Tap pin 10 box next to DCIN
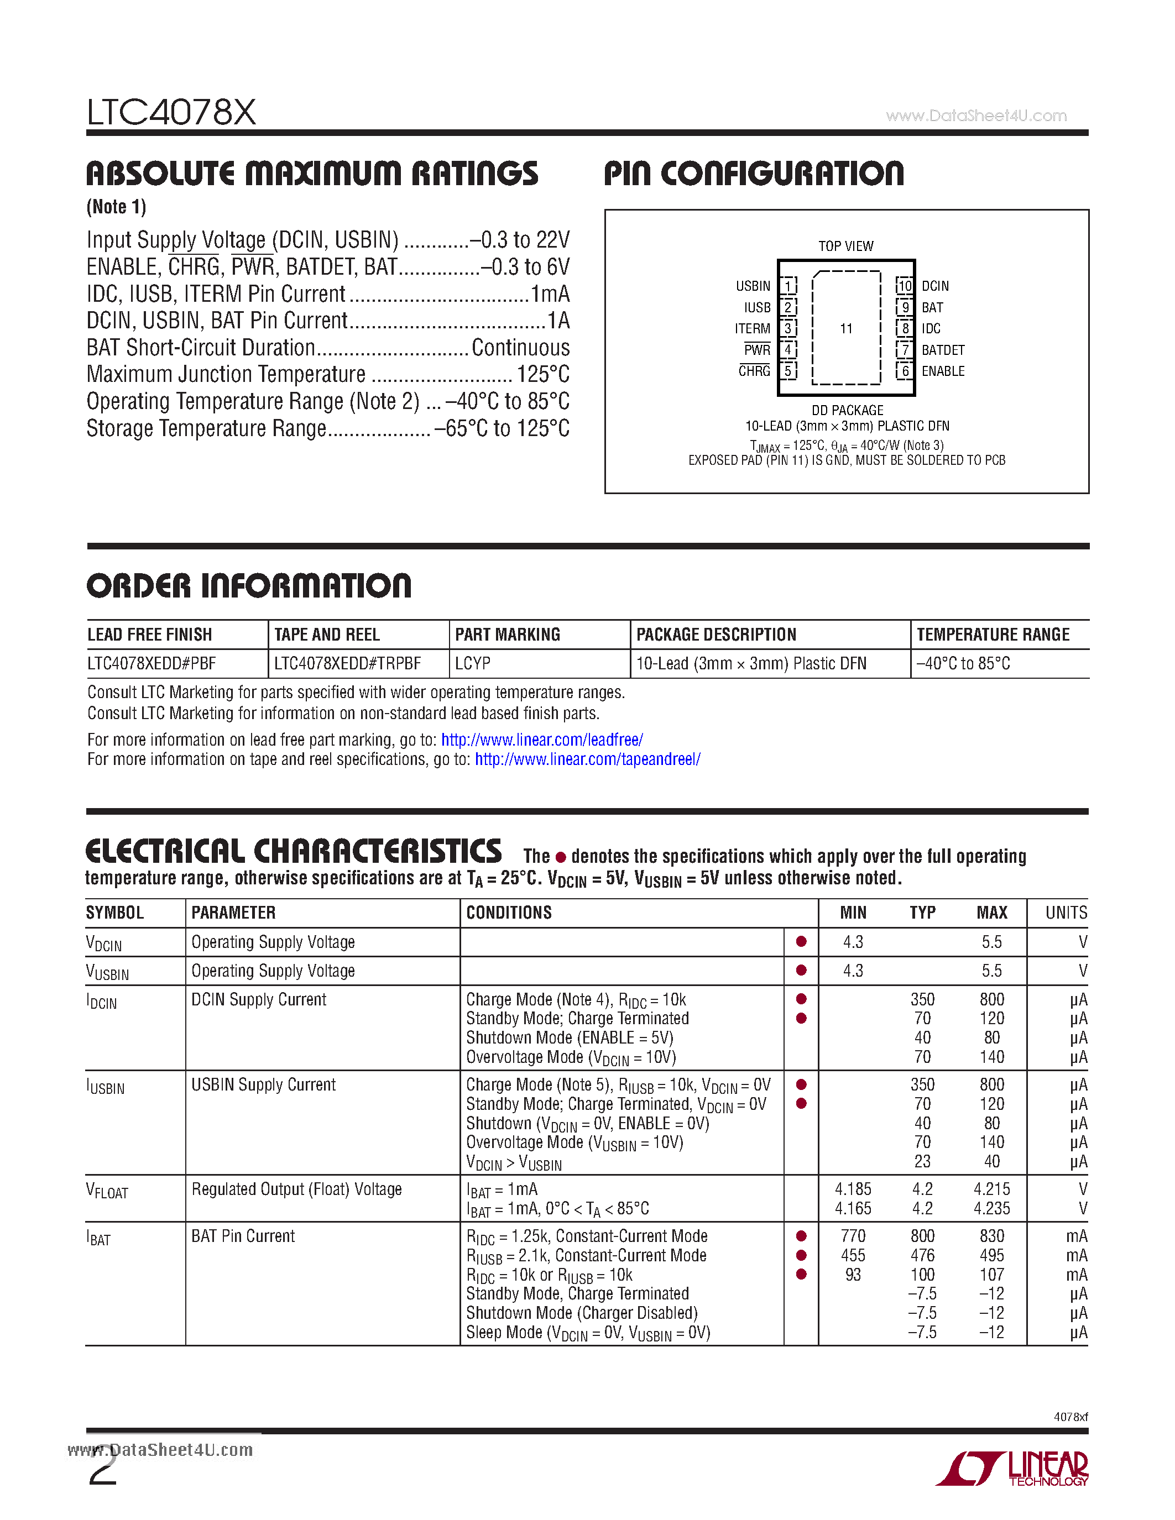(904, 286)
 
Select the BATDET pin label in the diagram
(943, 350)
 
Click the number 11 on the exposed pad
(846, 328)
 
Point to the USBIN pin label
(753, 286)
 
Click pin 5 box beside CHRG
(788, 371)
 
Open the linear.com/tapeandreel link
(587, 759)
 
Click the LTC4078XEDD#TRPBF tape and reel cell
(347, 663)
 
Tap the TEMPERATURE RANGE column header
(993, 635)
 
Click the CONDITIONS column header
(509, 913)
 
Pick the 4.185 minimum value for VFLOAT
(853, 1189)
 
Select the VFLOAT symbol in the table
(107, 1191)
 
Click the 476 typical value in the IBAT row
(922, 1256)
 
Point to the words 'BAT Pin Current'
(243, 1236)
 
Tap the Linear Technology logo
(1013, 1469)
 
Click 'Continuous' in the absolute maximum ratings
(520, 347)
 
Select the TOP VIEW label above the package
(846, 247)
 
